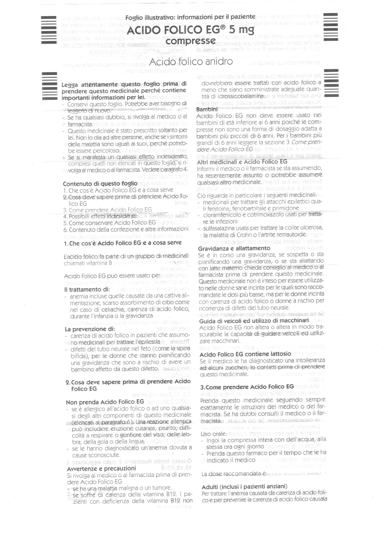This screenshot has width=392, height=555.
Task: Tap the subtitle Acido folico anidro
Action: coord(191,61)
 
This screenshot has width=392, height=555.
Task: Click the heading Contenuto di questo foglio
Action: coord(100,183)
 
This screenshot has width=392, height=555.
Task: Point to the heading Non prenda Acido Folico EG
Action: coord(105,402)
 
